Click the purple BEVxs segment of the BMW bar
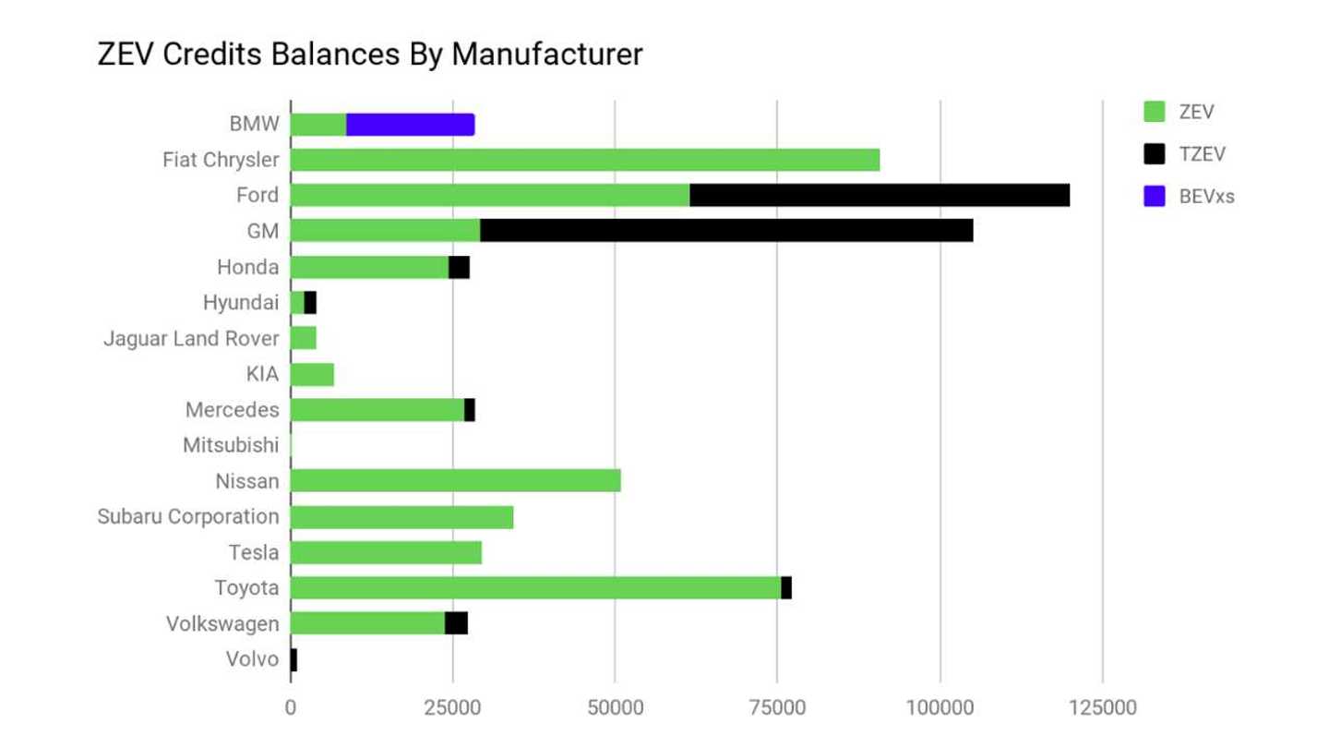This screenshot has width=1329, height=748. coord(410,125)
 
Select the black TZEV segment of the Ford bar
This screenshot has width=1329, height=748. coord(880,196)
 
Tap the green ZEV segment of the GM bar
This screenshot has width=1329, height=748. coord(385,231)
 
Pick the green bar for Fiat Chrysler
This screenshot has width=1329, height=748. coord(585,160)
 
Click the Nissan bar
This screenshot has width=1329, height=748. coord(456,481)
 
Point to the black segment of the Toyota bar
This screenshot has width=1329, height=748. coord(786,587)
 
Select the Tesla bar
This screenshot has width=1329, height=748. coord(386,552)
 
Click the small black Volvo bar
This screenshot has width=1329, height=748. coord(293,659)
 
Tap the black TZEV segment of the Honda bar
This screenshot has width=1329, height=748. coord(459,267)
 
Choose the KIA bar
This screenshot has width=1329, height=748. coord(312,374)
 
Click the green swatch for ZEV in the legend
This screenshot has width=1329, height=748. coord(1154,112)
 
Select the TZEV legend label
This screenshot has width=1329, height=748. coord(1202,154)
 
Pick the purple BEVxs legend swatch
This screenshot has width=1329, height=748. coord(1154,196)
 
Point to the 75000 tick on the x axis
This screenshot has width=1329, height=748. coord(777,708)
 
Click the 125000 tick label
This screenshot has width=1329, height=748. coord(1102,708)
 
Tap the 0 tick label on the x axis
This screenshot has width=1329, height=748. coord(291,708)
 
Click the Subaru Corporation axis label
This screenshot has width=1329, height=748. coord(188,516)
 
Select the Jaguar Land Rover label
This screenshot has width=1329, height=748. coord(191,339)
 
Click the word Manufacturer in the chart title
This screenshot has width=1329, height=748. coord(546,54)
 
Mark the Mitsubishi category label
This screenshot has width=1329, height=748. coord(231,445)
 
